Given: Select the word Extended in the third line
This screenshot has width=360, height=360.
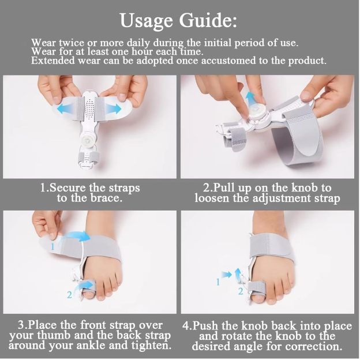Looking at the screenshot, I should point(53,61).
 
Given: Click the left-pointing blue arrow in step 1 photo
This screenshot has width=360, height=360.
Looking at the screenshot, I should point(62,108).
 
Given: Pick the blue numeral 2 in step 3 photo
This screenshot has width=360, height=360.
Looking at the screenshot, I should point(69,295).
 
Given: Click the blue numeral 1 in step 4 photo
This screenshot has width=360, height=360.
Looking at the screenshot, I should point(218,282).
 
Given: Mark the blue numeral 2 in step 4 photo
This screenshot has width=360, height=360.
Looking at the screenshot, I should point(241,291).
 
